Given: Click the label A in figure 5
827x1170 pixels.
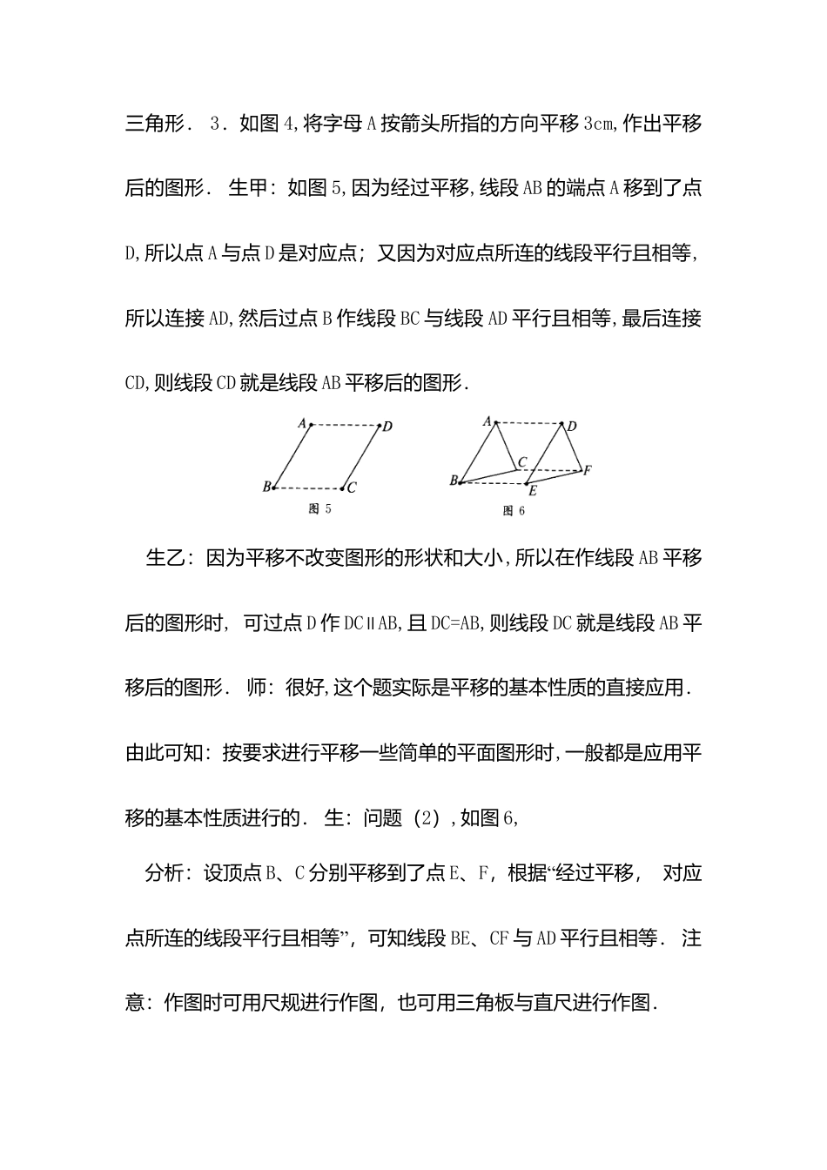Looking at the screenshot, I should (x=302, y=423).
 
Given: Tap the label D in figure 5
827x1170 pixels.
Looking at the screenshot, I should (x=387, y=426).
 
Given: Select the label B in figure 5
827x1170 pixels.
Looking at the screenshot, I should (x=266, y=487).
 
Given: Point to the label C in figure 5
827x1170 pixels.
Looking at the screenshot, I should (x=352, y=488).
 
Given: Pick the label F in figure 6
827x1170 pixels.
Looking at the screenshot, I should (x=588, y=470).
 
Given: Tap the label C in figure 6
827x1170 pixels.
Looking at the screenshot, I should (x=522, y=461).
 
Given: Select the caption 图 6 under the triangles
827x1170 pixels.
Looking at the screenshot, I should (x=514, y=511).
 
